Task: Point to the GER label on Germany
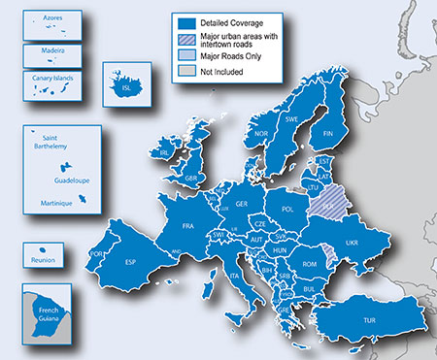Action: click(243, 205)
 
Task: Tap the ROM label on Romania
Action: click(310, 264)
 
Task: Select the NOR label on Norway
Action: click(261, 133)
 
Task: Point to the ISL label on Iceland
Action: click(125, 87)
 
